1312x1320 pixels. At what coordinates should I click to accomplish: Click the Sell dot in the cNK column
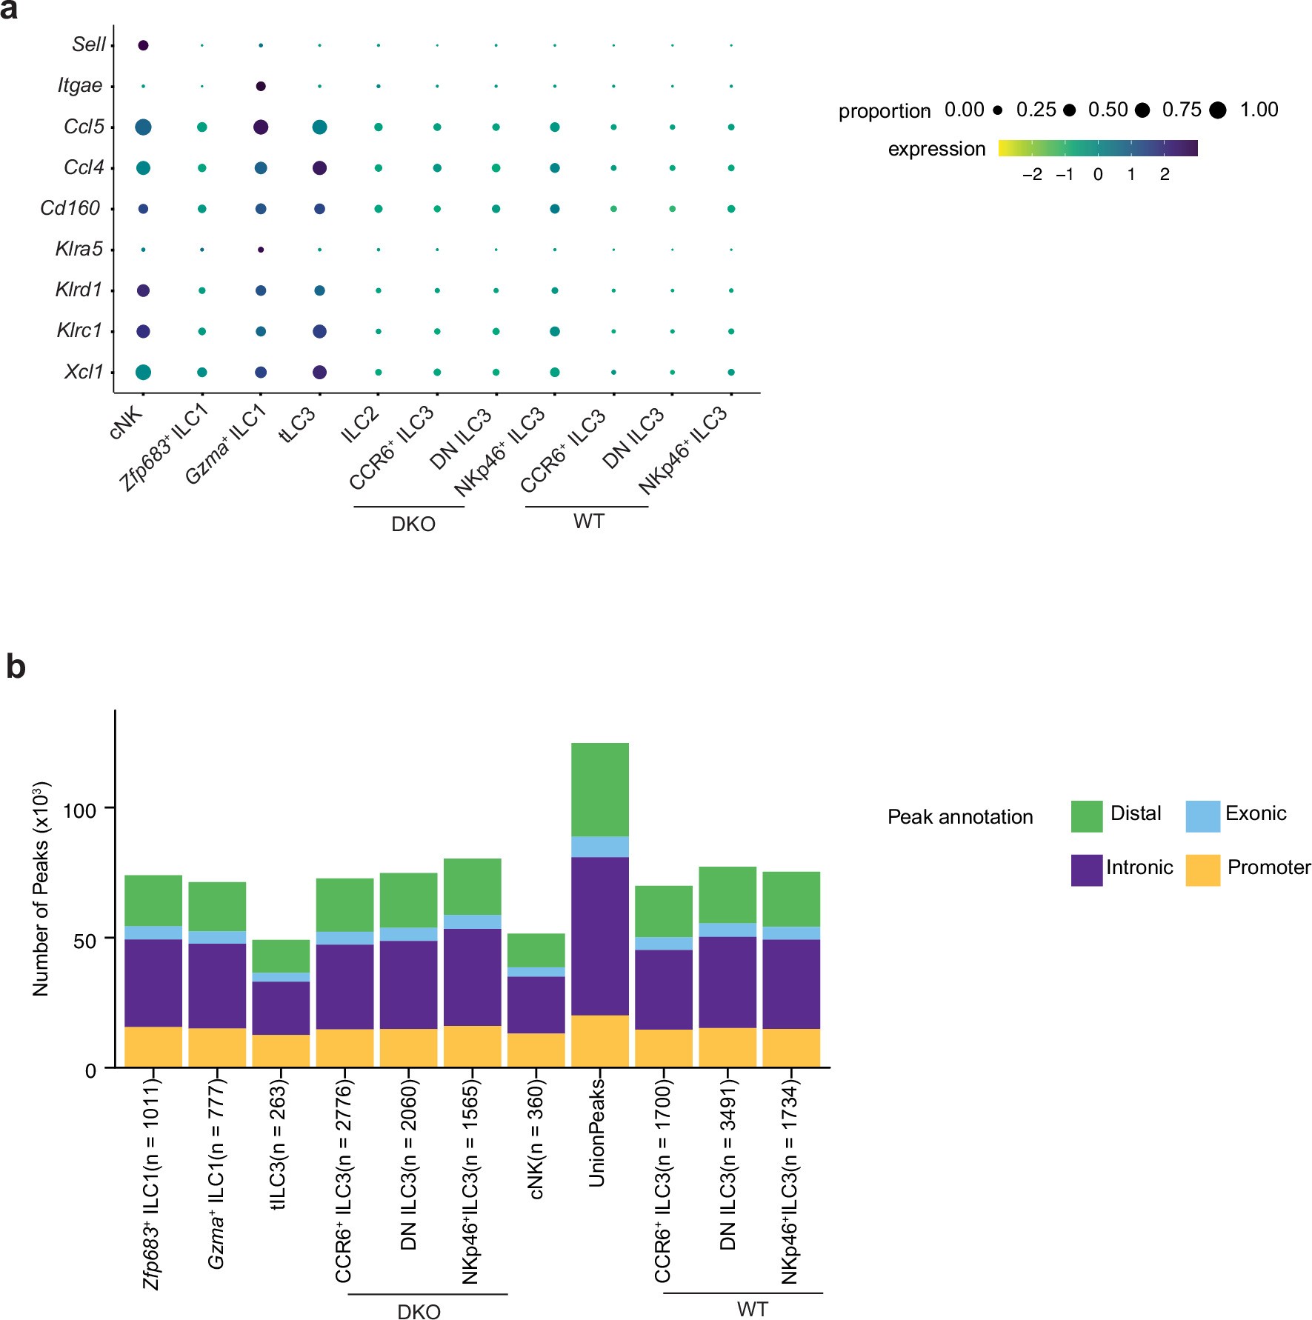coord(143,45)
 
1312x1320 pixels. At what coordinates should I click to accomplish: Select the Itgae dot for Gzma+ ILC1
coord(261,86)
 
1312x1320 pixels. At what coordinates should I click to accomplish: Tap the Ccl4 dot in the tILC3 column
coord(319,168)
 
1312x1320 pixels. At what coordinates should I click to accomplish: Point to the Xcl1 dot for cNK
coord(143,372)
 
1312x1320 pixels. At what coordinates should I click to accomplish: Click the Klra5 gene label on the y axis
coord(79,249)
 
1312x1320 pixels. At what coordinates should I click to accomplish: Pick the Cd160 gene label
coord(70,208)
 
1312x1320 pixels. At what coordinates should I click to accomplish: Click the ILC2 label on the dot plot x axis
coord(359,424)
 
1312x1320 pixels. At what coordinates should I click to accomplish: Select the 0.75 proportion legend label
coord(1182,110)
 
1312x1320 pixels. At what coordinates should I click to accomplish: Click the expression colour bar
coord(1097,148)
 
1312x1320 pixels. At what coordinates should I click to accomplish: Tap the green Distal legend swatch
coord(1086,816)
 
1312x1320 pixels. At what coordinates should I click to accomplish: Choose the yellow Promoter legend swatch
coord(1202,870)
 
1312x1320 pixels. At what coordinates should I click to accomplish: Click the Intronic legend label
coord(1139,867)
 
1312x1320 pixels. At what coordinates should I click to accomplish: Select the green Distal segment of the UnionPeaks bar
coord(600,789)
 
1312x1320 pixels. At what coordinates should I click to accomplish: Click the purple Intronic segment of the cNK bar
coord(536,1004)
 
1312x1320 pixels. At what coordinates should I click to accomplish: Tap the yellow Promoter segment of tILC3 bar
coord(281,1050)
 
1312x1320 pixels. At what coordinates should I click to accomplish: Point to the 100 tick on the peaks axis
coord(79,810)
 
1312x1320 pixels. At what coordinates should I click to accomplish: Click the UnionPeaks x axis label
coord(597,1133)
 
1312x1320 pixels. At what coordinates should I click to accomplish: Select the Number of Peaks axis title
coord(41,889)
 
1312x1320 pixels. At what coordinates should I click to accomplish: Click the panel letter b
coord(16,667)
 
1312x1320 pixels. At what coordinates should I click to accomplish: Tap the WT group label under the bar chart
coord(752,1309)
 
